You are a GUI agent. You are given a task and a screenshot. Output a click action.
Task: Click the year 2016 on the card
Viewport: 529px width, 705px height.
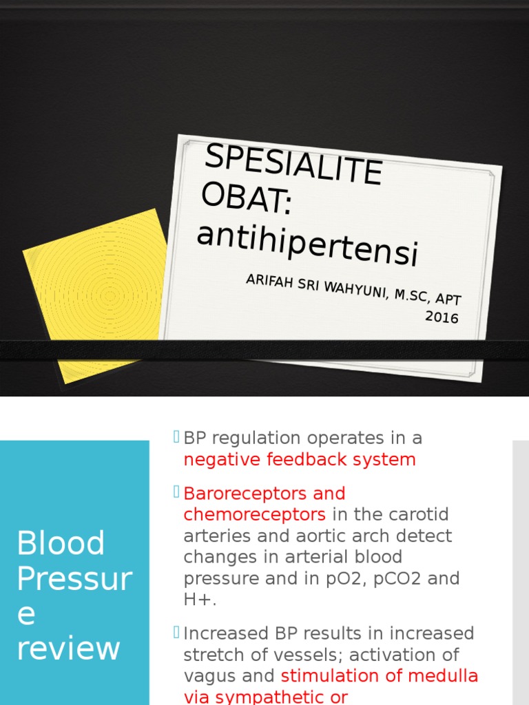pyautogui.click(x=442, y=317)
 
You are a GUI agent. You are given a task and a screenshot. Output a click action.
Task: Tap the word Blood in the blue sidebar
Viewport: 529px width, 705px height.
pyautogui.click(x=61, y=543)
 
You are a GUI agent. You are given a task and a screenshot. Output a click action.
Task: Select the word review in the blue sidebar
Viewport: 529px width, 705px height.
pyautogui.click(x=68, y=648)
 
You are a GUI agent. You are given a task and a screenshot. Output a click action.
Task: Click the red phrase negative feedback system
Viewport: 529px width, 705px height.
pyautogui.click(x=300, y=459)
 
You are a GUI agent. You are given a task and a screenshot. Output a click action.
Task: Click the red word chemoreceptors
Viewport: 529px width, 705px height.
pyautogui.click(x=254, y=514)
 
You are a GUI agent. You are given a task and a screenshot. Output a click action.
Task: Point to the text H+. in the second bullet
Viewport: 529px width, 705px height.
pyautogui.click(x=200, y=599)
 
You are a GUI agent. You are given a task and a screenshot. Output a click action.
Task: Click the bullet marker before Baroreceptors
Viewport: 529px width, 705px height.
pyautogui.click(x=176, y=492)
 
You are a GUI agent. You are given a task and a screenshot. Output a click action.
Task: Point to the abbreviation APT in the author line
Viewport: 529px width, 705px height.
pyautogui.click(x=448, y=299)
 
